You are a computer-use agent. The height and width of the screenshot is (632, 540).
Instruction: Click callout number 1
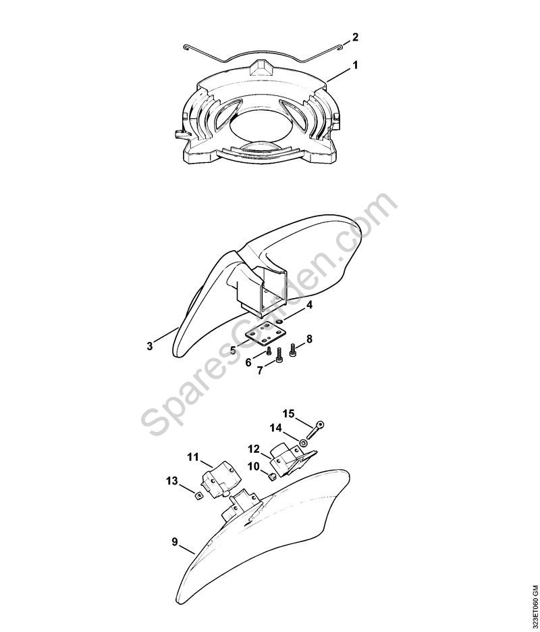354,65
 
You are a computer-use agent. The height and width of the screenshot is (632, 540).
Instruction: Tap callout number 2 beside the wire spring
355,37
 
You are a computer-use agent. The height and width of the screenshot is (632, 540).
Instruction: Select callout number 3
150,346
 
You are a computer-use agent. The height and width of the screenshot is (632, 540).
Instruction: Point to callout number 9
175,541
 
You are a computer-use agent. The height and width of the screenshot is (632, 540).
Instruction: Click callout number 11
193,457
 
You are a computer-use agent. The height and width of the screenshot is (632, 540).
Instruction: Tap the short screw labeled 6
269,352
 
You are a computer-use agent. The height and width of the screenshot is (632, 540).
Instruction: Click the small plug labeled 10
271,477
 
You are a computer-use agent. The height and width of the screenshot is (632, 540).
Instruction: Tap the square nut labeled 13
198,495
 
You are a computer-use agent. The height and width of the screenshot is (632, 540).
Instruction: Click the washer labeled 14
303,443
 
